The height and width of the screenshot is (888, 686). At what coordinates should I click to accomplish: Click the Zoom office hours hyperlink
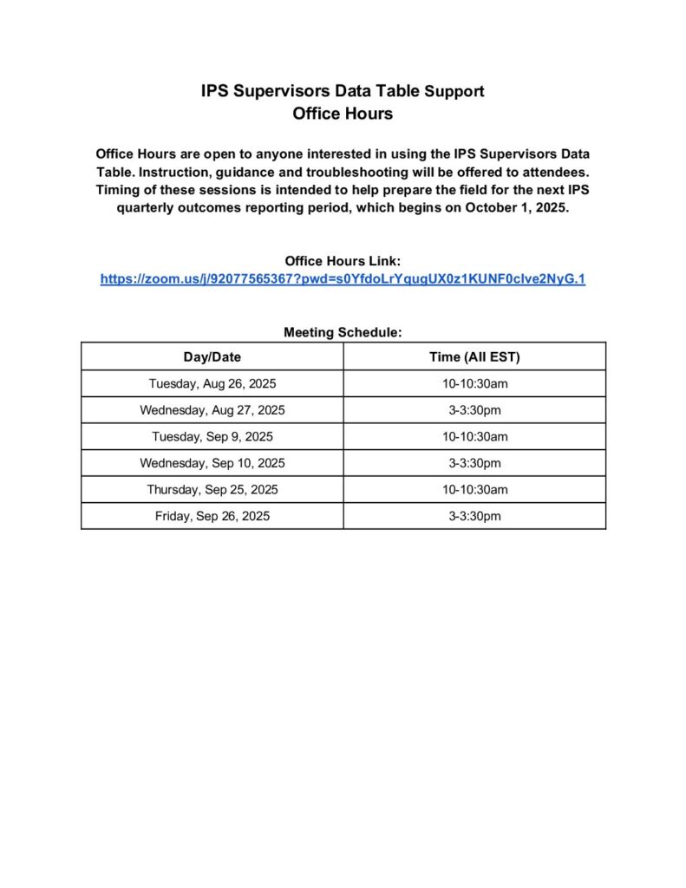pos(343,279)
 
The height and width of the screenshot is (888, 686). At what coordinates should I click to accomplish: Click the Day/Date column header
pos(212,356)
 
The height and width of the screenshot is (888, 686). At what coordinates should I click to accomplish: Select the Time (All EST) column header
pos(474,356)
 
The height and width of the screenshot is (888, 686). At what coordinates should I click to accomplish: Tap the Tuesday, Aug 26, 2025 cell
pos(212,383)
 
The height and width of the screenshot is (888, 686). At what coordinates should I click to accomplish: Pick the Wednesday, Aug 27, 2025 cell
pos(212,410)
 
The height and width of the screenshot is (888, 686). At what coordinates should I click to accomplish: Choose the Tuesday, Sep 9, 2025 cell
pos(212,436)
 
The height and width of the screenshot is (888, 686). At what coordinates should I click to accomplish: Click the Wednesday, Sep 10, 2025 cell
pos(212,463)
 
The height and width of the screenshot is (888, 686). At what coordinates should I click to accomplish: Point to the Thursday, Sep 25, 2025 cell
pos(212,489)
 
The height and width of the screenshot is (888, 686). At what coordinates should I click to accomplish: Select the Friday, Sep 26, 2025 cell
pos(212,516)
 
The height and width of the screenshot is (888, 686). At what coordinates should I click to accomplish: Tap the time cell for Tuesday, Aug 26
pos(474,383)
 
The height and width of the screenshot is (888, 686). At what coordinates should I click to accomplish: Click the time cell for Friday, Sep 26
pos(474,516)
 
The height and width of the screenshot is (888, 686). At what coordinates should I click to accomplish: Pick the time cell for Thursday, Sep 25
pos(474,489)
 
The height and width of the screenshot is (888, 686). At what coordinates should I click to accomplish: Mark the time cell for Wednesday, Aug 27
pos(474,410)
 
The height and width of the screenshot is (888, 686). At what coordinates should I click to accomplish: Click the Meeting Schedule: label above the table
pos(343,332)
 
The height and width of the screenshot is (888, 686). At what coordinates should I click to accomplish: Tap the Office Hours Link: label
pos(343,261)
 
